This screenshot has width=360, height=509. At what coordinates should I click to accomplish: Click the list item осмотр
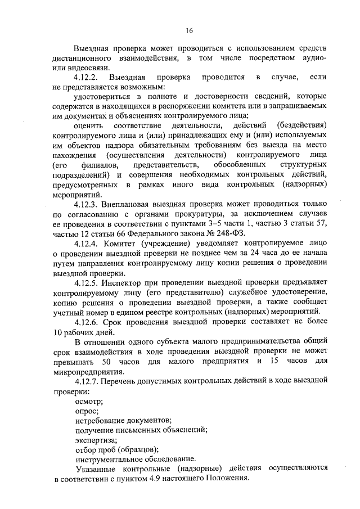[x=88, y=401]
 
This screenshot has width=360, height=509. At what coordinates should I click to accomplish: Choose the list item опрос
[x=86, y=411]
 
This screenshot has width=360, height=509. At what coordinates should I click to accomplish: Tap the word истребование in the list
[x=100, y=420]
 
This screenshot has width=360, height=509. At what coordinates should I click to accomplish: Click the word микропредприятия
[x=88, y=372]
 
